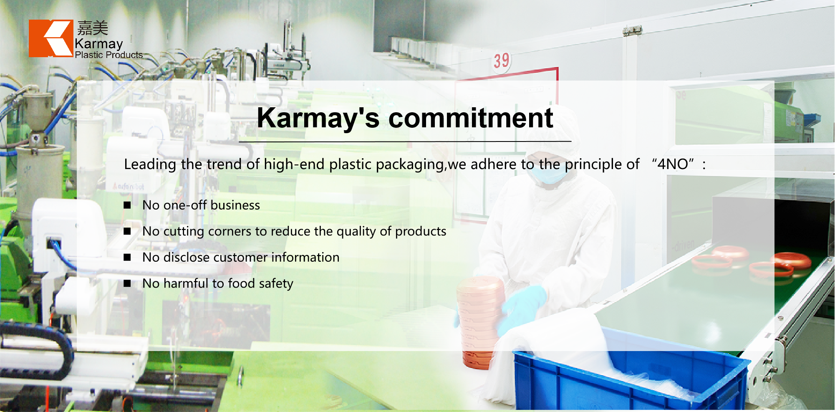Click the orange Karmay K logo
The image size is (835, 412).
[51, 38]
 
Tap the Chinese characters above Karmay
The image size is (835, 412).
[93, 28]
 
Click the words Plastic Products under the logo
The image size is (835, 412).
[109, 55]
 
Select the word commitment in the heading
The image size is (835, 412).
[471, 118]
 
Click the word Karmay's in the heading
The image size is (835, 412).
[318, 119]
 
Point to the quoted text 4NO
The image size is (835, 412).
[673, 164]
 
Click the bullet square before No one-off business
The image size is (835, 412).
[127, 205]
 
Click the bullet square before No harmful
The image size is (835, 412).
[127, 283]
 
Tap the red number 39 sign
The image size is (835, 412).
[501, 61]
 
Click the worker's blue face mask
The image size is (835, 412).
[547, 174]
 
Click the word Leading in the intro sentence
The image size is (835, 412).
[150, 164]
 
